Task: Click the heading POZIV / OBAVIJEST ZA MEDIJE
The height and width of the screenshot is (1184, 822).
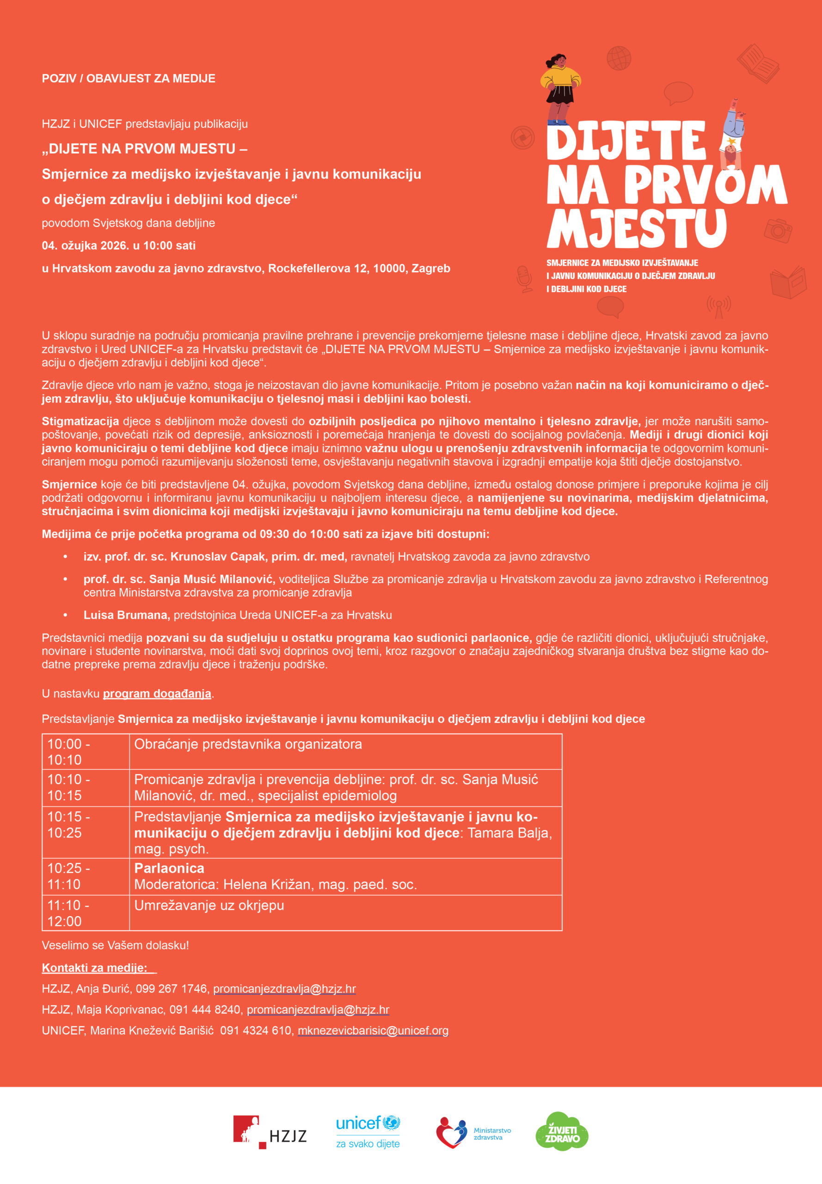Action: (128, 78)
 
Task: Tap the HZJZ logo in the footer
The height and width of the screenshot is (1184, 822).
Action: (270, 1132)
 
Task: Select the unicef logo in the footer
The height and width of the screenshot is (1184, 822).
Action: (367, 1132)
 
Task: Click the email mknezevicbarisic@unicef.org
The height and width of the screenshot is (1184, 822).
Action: (373, 1030)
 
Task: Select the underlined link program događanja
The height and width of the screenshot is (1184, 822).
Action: (157, 693)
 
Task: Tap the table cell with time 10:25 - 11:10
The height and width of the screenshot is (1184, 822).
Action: (85, 876)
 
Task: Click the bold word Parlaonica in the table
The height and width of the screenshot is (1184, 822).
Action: (169, 868)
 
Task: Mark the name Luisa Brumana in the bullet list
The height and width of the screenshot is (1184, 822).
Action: (126, 615)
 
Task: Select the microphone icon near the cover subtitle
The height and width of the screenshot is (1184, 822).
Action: (524, 278)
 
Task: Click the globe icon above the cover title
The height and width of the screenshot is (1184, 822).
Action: (619, 58)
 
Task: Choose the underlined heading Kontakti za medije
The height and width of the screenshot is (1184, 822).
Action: (94, 968)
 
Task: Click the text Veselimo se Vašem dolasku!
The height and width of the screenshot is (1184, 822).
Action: (116, 945)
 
